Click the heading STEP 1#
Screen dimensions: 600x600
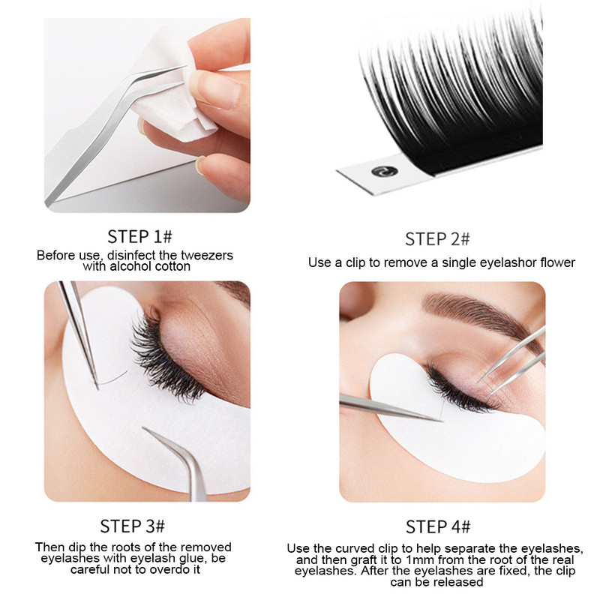click(x=139, y=236)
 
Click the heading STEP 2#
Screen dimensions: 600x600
click(x=437, y=239)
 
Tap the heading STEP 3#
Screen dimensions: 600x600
click(x=133, y=526)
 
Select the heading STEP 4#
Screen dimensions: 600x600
click(x=438, y=527)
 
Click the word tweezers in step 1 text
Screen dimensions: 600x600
click(x=207, y=255)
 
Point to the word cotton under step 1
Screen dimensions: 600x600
click(x=171, y=266)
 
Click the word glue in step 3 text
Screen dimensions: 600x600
click(x=193, y=558)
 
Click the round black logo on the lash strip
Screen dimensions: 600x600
click(x=385, y=172)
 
